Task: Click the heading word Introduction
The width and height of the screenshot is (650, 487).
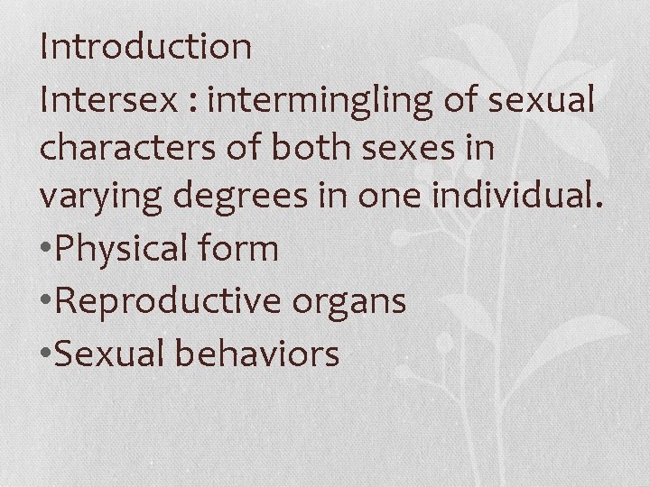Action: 145,47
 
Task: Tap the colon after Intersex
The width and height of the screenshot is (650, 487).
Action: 193,101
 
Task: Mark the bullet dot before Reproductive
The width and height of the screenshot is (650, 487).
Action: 47,303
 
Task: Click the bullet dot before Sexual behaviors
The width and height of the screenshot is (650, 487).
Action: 47,354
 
